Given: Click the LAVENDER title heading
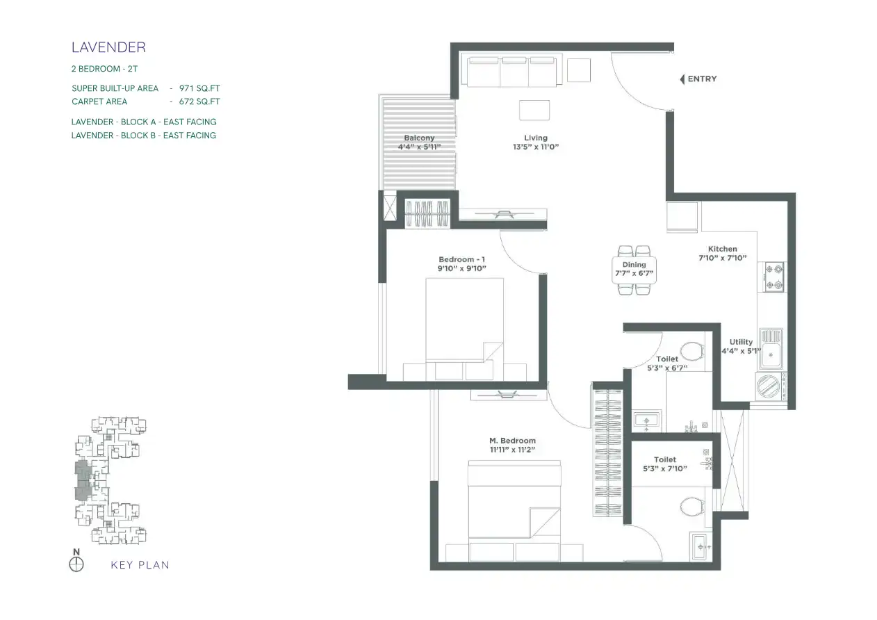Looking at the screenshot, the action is pos(108,47).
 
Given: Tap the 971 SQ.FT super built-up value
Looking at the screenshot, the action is pos(199,88).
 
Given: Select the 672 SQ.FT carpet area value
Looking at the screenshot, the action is pos(199,101).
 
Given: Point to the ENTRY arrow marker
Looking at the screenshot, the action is pos(682,79).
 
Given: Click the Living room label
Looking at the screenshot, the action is pos(536,138).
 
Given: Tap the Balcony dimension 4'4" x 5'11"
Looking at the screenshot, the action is pos(419,147).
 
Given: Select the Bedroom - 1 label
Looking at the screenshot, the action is pos(461,259).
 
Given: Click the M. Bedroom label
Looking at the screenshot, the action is pos(512,441).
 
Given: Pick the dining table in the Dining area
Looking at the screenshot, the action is pos(634,270).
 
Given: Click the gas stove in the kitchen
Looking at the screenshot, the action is pos(773,277).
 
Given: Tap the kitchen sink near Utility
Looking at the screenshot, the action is pos(771,349).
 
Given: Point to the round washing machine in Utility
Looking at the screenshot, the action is pos(768,386).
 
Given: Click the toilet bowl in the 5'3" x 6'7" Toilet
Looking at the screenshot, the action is pos(692,351).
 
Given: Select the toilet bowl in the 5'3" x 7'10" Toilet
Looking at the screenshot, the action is pos(692,507).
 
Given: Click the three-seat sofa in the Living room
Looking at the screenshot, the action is pos(511,72).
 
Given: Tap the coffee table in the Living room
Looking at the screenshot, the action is pos(534,110).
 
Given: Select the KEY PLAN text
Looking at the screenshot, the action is pos(140,565).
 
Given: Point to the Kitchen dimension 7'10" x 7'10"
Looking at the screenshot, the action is pos(723,258).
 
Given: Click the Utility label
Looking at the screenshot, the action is pos(741,342).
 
